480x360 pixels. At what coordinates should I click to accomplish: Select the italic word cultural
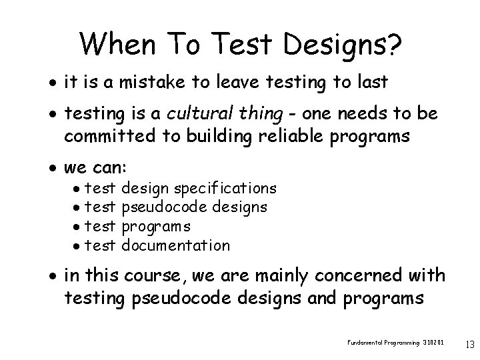pos(209,114)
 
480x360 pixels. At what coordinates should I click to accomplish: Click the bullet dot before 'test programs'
pos(78,227)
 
